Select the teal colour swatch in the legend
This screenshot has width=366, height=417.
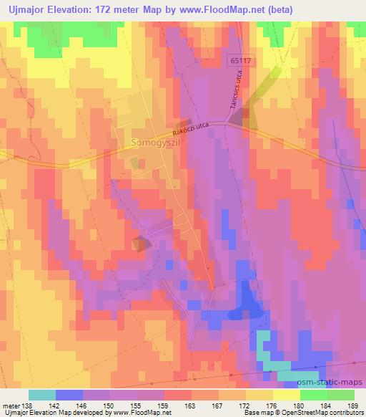point(42,395)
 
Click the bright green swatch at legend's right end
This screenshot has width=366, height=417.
point(341,395)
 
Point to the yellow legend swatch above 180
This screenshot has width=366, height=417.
point(287,395)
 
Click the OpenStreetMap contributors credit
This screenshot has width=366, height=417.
point(324,413)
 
